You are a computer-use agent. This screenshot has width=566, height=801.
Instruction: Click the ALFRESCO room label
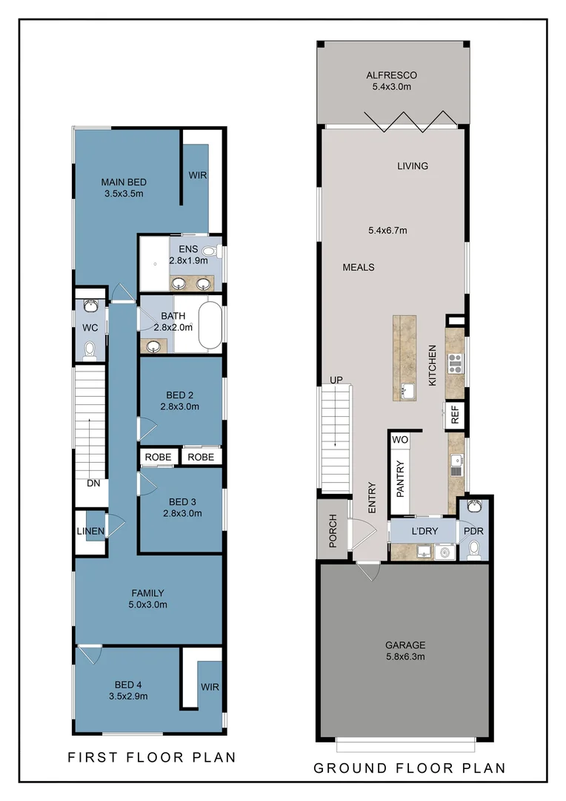click(391, 75)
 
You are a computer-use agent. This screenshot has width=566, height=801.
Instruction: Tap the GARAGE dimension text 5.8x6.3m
click(404, 656)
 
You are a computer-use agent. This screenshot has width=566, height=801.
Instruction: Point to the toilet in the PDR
click(474, 549)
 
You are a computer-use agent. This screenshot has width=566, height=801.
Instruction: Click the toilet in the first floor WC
click(90, 349)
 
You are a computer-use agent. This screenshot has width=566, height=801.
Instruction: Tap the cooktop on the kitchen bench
click(455, 363)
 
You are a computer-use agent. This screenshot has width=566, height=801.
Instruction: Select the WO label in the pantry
click(400, 440)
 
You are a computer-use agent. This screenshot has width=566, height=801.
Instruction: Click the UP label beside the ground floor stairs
click(336, 380)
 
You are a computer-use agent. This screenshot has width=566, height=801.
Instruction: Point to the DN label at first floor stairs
click(93, 483)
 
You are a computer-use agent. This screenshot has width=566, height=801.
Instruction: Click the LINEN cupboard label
click(90, 531)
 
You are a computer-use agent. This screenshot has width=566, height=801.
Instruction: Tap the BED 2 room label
click(180, 395)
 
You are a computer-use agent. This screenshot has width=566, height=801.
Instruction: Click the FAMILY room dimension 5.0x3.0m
click(148, 604)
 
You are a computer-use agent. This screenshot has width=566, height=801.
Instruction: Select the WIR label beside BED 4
click(210, 687)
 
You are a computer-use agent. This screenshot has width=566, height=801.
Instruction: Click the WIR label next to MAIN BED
click(198, 176)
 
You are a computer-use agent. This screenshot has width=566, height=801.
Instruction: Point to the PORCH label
click(333, 530)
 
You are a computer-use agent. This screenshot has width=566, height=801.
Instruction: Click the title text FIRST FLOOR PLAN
click(152, 757)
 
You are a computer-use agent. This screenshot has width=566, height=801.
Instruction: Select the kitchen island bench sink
click(405, 389)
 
